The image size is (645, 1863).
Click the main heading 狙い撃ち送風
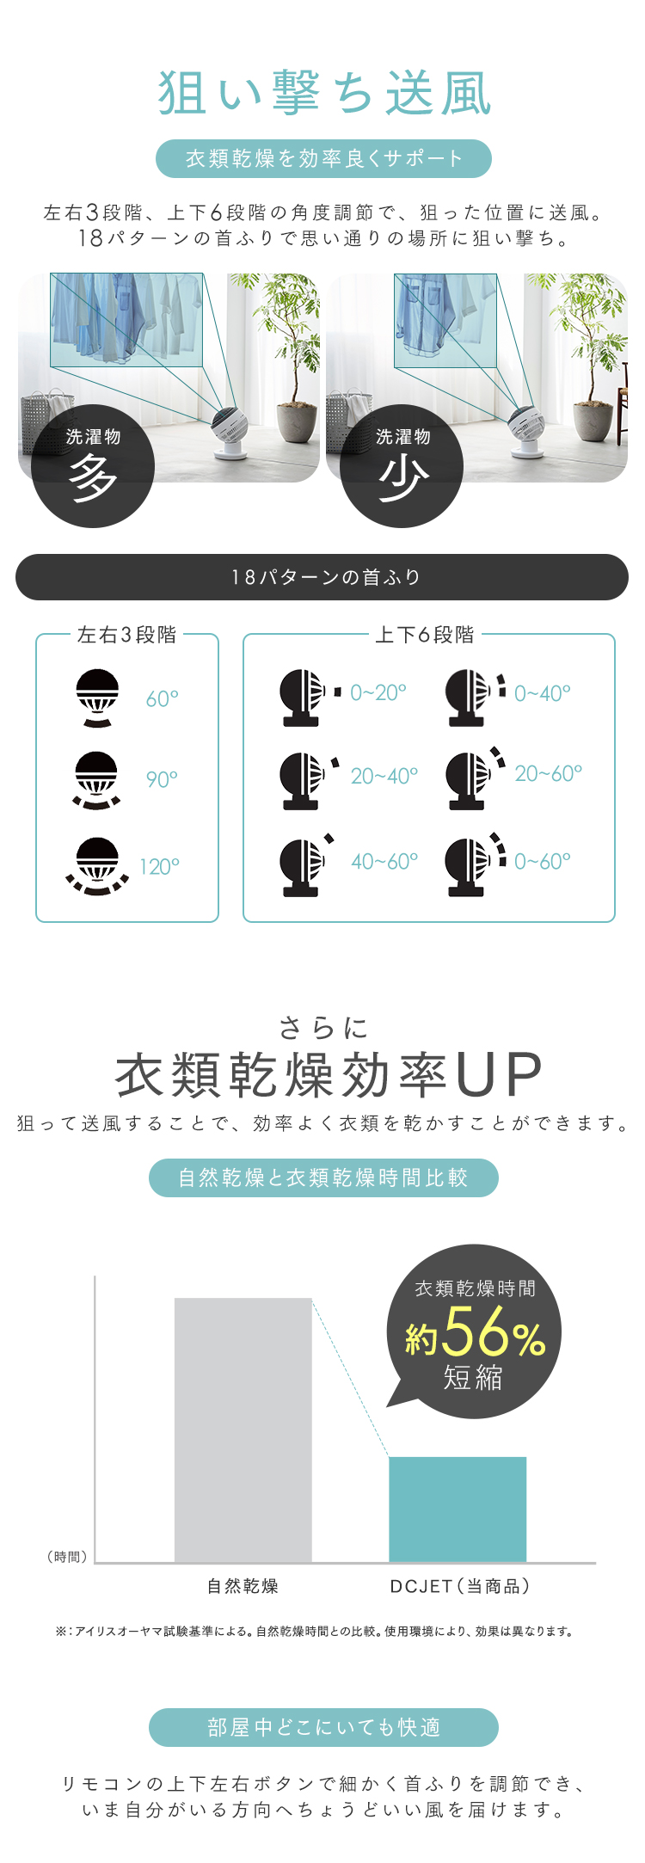pos(324,93)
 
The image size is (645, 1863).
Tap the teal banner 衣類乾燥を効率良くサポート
pos(323,158)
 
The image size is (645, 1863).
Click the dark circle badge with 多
pos(93,466)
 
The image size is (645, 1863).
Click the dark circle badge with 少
pos(402,466)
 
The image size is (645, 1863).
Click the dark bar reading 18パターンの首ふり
pos(322,577)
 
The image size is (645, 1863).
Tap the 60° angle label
pos(162,698)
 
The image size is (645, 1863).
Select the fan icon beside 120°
pos(97,866)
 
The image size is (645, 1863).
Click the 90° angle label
pos(162,779)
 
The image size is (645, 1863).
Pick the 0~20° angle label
pos(378,692)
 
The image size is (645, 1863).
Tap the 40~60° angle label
pos(384,861)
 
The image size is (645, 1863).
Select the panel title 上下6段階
pos(425,635)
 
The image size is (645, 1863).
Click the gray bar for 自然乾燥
pos(243,1430)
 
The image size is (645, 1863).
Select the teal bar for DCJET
pos(458,1509)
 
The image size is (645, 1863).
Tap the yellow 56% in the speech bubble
pos(494,1333)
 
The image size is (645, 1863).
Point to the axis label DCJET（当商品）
pos(459,1586)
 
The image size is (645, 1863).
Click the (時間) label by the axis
pos(67,1557)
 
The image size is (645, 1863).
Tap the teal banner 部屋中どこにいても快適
pos(323,1727)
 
